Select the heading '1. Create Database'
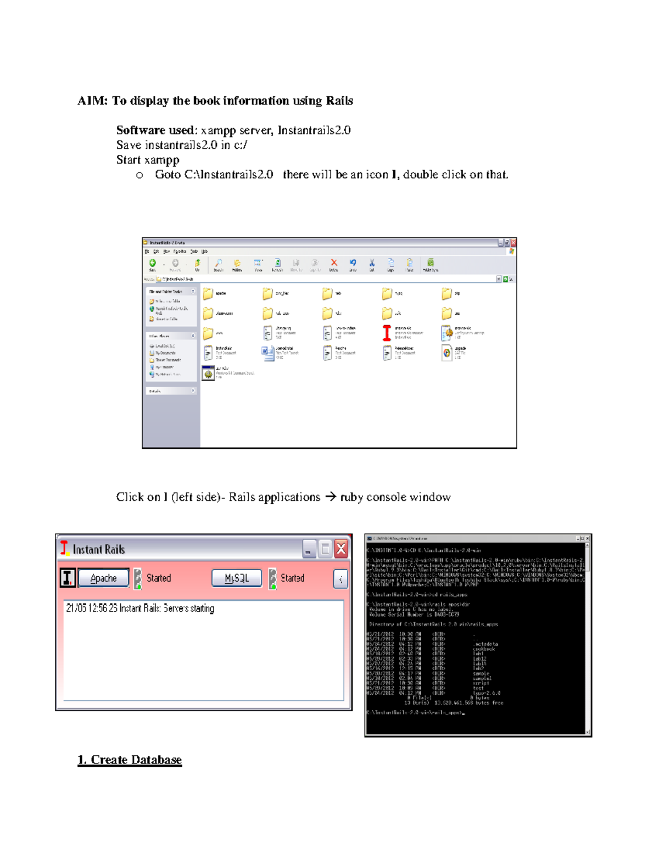pyautogui.click(x=130, y=760)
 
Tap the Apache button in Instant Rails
pyautogui.click(x=104, y=578)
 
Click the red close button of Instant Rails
pyautogui.click(x=341, y=549)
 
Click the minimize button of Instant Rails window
pyautogui.click(x=309, y=549)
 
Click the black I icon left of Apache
pyautogui.click(x=68, y=578)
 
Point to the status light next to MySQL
pyautogui.click(x=272, y=579)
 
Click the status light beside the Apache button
pyautogui.click(x=138, y=579)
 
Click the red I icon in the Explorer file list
pyautogui.click(x=387, y=332)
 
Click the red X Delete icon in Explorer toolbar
pyautogui.click(x=333, y=263)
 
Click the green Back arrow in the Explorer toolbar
pyautogui.click(x=153, y=263)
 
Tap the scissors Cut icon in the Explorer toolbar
pyautogui.click(x=372, y=263)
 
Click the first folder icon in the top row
pyautogui.click(x=208, y=294)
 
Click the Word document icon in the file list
pyautogui.click(x=267, y=352)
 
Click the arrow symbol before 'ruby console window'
pyautogui.click(x=330, y=497)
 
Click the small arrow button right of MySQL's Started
pyautogui.click(x=340, y=579)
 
